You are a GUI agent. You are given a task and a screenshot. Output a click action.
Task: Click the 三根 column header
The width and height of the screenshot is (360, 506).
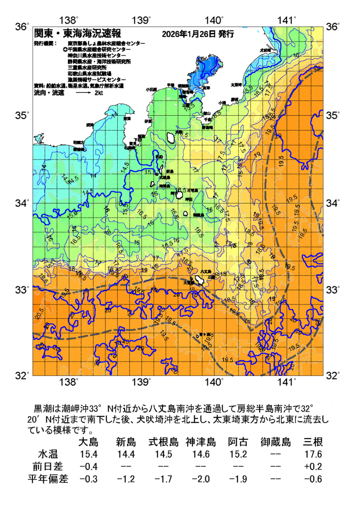[x=313, y=442]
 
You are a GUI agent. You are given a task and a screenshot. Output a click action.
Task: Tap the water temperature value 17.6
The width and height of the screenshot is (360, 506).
[x=313, y=454]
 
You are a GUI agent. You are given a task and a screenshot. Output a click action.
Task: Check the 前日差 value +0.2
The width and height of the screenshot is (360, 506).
[x=313, y=466]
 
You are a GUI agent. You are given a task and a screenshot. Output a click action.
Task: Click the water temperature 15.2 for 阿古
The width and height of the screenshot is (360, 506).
[x=238, y=454]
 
